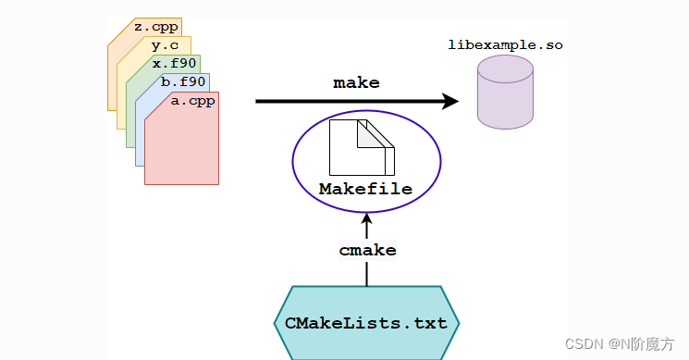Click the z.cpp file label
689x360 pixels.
pyautogui.click(x=155, y=27)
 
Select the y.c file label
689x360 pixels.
pyautogui.click(x=164, y=44)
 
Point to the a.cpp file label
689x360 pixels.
pyautogui.click(x=192, y=101)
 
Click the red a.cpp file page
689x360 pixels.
pyautogui.click(x=181, y=148)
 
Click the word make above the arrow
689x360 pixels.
pyautogui.click(x=356, y=82)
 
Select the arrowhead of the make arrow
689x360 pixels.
pyautogui.click(x=450, y=101)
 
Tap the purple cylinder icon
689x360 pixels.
pyautogui.click(x=505, y=93)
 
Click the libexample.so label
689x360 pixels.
pyautogui.click(x=505, y=44)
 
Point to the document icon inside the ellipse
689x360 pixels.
pyautogui.click(x=361, y=147)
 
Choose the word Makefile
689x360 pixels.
pyautogui.click(x=365, y=190)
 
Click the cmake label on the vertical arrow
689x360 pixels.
pyautogui.click(x=367, y=250)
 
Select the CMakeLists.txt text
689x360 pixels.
pyautogui.click(x=366, y=323)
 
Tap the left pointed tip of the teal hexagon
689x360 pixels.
pyautogui.click(x=277, y=323)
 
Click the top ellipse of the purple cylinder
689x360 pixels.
pyautogui.click(x=505, y=68)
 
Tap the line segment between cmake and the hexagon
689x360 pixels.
pyautogui.click(x=366, y=273)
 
